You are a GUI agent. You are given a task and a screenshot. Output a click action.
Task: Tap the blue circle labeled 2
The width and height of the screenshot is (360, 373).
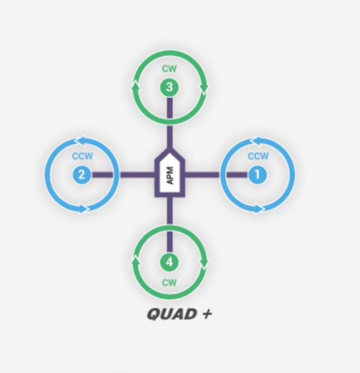[x=81, y=174]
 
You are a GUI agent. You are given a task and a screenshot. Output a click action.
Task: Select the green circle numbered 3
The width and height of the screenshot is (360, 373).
[x=169, y=88]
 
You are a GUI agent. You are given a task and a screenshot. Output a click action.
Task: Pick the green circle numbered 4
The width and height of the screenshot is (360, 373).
[x=169, y=262]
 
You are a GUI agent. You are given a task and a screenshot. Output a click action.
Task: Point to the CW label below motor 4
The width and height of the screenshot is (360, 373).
[x=169, y=283]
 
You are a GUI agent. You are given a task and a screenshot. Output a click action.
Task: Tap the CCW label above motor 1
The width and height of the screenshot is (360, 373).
[x=258, y=156]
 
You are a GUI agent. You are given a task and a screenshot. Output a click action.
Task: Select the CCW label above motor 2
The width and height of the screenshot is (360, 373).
[x=82, y=156]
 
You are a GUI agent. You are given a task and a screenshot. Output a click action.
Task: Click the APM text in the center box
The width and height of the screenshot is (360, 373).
[x=170, y=175]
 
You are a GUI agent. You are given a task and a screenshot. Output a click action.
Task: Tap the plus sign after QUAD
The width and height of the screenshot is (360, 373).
[x=207, y=314]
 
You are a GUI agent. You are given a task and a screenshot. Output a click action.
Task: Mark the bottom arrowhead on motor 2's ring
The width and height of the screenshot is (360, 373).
[x=85, y=207]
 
